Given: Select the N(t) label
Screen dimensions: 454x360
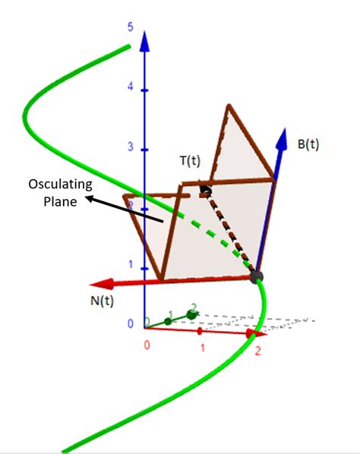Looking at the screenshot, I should (93, 301).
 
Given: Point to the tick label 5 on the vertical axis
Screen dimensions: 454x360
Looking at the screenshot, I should (131, 27).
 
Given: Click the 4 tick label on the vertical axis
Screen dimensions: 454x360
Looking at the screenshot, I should (131, 87).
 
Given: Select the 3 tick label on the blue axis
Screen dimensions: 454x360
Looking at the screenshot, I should (131, 146).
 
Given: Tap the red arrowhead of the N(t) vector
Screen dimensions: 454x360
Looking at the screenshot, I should (106, 284).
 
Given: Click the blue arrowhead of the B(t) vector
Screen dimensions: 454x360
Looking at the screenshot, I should (283, 138).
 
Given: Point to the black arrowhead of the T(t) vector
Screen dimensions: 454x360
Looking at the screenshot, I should (204, 185).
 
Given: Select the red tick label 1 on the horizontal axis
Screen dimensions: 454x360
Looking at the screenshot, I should (203, 346).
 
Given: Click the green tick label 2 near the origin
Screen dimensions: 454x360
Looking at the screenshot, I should (194, 307).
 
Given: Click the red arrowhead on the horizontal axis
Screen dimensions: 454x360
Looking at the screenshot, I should (258, 333).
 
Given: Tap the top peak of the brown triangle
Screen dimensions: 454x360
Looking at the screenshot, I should (227, 106).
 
